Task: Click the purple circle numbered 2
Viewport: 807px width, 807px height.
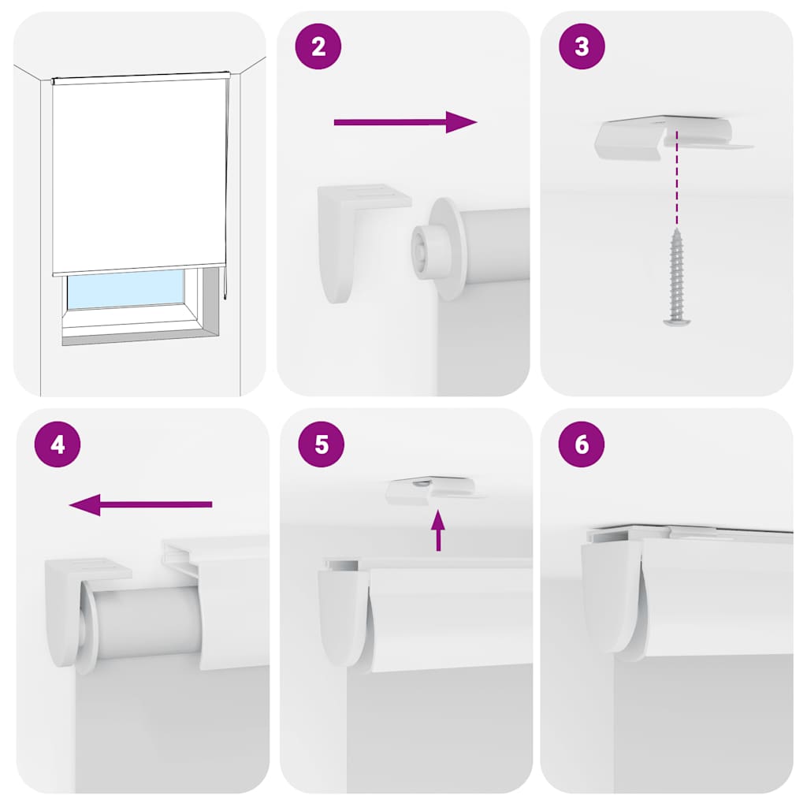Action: (x=318, y=46)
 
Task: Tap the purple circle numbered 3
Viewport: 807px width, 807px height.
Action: (x=582, y=46)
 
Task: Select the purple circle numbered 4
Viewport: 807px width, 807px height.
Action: (x=58, y=444)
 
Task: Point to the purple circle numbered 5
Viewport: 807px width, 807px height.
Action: (x=321, y=444)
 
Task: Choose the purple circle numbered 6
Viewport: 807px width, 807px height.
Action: (x=582, y=444)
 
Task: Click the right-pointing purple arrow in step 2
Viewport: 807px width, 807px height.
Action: (x=405, y=122)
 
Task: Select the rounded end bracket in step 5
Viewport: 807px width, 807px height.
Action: (x=343, y=615)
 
